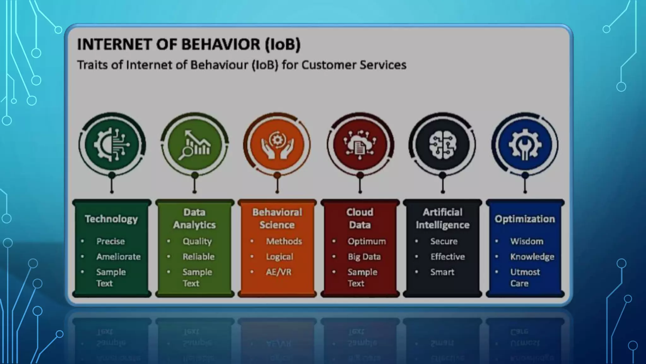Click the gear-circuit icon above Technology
pos(112,145)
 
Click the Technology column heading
pos(111,219)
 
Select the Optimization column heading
pos(525,219)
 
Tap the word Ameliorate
pos(119,257)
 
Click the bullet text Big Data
pos(364,257)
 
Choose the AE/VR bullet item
pos(279,272)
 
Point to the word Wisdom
pos(527,241)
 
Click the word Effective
pos(448,257)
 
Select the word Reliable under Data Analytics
pos(198,257)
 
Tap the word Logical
pos(279,257)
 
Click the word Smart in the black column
pos(442,272)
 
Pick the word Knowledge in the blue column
pos(532,257)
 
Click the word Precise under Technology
pos(110,241)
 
